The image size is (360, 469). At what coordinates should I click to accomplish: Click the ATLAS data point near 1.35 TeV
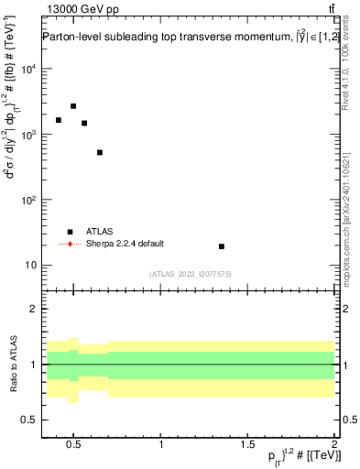pyautogui.click(x=222, y=246)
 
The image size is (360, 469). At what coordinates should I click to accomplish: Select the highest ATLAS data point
pyautogui.click(x=73, y=106)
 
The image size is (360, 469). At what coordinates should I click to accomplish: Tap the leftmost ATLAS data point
pyautogui.click(x=59, y=120)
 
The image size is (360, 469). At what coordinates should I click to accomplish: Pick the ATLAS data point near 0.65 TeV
pyautogui.click(x=100, y=152)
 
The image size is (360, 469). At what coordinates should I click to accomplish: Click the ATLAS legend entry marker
pyautogui.click(x=70, y=232)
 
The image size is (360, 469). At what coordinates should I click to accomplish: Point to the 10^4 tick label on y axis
pyautogui.click(x=27, y=69)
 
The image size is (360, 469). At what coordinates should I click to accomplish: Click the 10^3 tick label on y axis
pyautogui.click(x=27, y=135)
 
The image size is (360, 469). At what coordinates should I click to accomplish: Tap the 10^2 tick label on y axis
pyautogui.click(x=27, y=200)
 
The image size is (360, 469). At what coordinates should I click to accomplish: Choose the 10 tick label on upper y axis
pyautogui.click(x=29, y=266)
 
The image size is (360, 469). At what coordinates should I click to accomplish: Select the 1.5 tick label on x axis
pyautogui.click(x=247, y=446)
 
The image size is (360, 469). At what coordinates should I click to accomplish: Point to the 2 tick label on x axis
pyautogui.click(x=334, y=446)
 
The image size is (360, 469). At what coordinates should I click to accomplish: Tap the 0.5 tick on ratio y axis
pyautogui.click(x=27, y=420)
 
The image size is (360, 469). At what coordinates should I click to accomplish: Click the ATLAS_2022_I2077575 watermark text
pyautogui.click(x=190, y=273)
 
